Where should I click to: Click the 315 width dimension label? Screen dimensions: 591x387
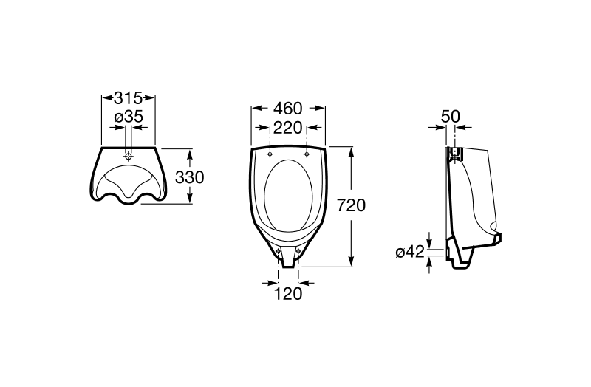(128, 98)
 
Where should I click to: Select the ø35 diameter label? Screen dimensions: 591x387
(129, 117)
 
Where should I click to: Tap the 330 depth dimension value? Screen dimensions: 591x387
(190, 177)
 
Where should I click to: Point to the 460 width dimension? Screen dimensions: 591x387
(288, 109)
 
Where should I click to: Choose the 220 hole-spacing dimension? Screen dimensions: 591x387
(288, 128)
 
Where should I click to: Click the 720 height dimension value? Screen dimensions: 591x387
(351, 206)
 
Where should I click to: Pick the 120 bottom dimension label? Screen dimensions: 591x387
(288, 294)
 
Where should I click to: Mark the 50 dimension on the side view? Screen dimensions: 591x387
(451, 117)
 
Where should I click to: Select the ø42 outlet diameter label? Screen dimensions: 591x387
(411, 252)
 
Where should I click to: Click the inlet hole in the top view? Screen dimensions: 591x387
(129, 157)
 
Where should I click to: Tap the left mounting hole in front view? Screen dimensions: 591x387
(270, 154)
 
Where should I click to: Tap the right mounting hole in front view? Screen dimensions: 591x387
(307, 154)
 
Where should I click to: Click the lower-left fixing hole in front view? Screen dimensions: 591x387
(279, 251)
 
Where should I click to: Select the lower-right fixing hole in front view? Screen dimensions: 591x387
(298, 250)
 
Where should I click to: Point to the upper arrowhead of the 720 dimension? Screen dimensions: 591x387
(351, 151)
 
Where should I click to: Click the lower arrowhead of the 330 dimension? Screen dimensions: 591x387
(190, 199)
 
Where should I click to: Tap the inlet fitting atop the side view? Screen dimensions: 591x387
(455, 154)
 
